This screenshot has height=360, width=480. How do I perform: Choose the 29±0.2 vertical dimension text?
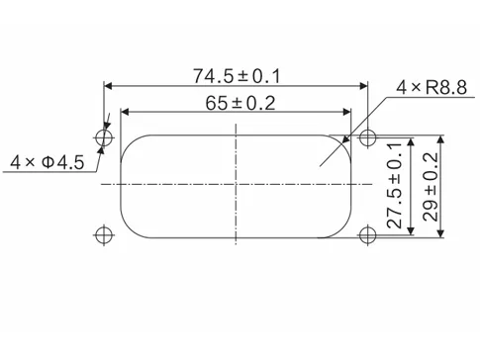click(x=430, y=185)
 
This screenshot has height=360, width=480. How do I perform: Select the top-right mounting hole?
click(x=368, y=135)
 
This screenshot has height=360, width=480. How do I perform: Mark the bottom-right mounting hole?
click(x=368, y=234)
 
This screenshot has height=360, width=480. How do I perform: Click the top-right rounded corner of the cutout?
click(x=342, y=142)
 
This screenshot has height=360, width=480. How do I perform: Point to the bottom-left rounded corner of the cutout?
click(x=129, y=227)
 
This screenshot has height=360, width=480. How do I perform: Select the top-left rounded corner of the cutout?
click(x=129, y=142)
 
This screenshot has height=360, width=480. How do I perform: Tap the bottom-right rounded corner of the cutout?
click(x=342, y=227)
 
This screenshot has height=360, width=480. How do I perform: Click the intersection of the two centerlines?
click(x=236, y=185)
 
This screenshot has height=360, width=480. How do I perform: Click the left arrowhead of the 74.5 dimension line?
click(x=108, y=84)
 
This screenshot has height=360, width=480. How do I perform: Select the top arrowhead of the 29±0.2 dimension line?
click(x=442, y=138)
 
